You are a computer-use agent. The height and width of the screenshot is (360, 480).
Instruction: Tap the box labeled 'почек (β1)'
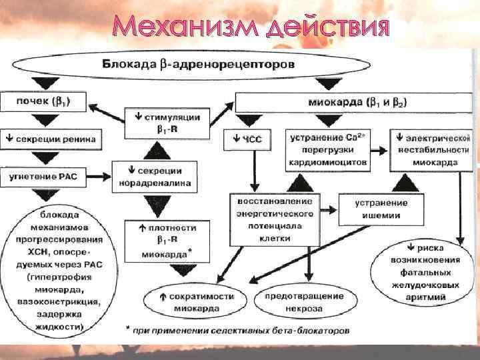coord(43,103)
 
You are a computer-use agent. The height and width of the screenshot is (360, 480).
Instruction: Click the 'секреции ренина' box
coord(52,140)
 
